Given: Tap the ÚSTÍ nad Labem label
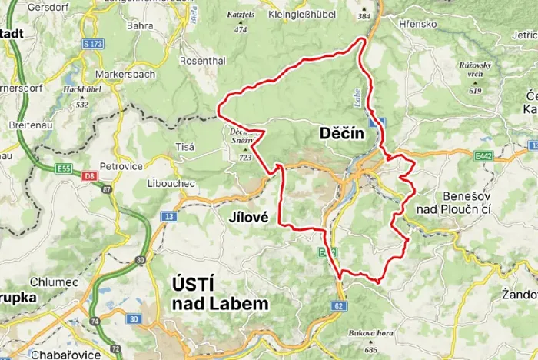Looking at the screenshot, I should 218,294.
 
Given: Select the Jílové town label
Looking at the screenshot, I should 248,218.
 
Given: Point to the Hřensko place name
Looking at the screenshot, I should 418,24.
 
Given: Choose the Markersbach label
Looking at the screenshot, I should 125,75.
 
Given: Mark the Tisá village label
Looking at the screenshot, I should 184,146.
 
